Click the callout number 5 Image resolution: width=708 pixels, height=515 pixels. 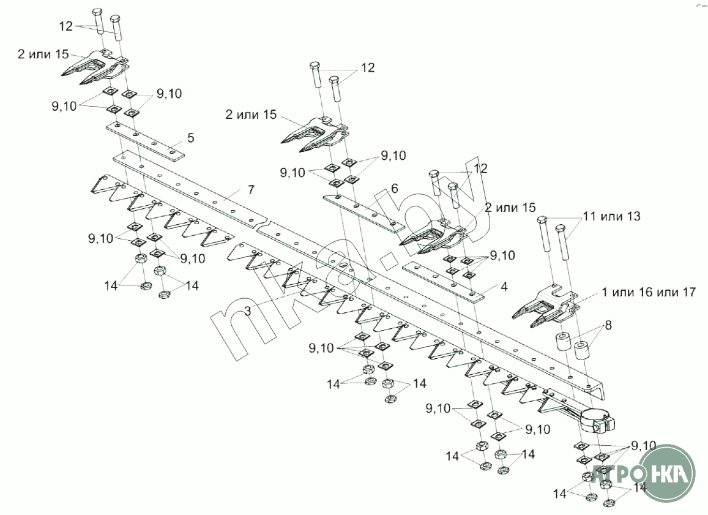coord(191,138)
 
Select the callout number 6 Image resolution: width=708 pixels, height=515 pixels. coord(395,188)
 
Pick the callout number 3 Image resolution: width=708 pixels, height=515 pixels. coord(247,311)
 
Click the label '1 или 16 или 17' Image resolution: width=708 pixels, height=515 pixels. coord(649,293)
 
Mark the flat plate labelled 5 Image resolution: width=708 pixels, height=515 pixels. coord(145,141)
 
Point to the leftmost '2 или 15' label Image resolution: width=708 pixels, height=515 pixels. coord(43,54)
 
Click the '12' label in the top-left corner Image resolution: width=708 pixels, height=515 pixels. coord(66,26)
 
